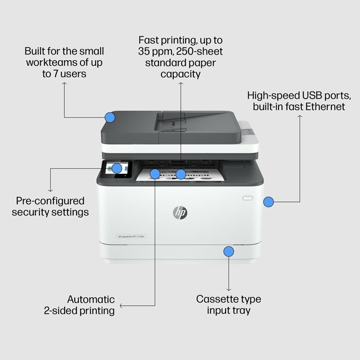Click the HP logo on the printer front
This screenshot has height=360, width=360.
[180, 213]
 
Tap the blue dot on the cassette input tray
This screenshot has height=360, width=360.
[228, 251]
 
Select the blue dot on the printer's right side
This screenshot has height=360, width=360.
[269, 201]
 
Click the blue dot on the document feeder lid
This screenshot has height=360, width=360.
[110, 118]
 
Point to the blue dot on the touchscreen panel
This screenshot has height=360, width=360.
[116, 168]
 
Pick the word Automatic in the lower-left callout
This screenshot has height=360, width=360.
[91, 299]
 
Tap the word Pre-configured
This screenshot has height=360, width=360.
[50, 201]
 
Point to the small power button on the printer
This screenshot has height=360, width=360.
[248, 198]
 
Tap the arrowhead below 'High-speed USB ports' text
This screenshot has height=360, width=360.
[300, 118]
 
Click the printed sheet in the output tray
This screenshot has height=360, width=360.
[180, 175]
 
